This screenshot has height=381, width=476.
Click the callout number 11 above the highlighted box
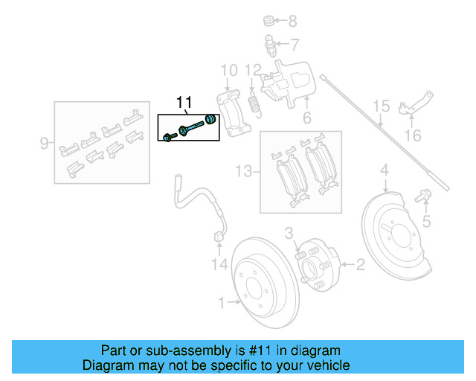(184, 102)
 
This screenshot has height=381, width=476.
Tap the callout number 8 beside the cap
(292, 21)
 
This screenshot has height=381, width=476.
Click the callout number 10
(229, 71)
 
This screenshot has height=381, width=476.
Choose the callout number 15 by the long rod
(381, 106)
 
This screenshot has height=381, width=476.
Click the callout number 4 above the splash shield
(385, 173)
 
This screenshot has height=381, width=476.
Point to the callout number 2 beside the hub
(360, 263)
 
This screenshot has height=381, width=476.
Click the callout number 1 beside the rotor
(222, 302)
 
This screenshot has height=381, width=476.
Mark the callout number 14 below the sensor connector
(218, 263)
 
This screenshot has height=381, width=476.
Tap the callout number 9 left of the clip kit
(43, 141)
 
